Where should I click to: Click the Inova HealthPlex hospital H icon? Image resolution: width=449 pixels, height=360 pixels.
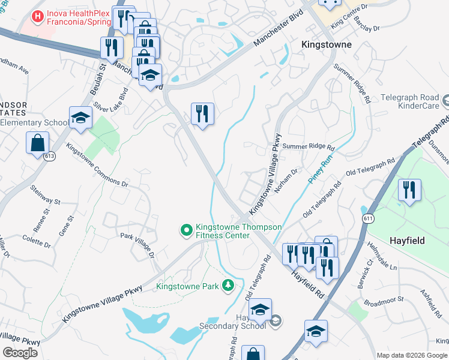pos(38,16)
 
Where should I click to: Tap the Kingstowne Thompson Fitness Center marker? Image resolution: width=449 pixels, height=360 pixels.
pos(186,229)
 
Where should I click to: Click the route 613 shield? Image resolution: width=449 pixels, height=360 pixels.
pos(46,155)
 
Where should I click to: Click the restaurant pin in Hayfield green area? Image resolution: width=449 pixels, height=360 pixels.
pos(409,190)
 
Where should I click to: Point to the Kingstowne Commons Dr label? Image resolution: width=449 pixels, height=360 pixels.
pos(97,165)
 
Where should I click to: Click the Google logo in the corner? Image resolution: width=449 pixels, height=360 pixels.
pos(20,353)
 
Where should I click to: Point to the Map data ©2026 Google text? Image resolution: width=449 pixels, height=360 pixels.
pos(412,355)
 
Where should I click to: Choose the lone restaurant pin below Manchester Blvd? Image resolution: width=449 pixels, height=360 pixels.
pos(202,114)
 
